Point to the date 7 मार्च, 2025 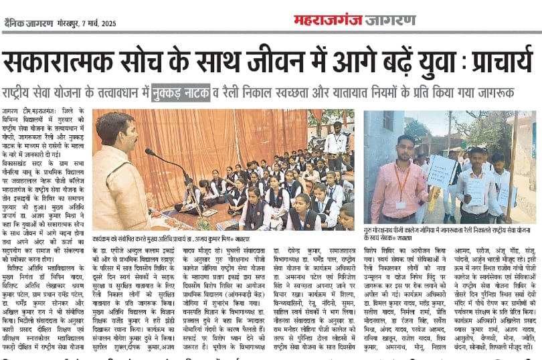click(101, 24)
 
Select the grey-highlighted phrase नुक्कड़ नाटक click(181, 92)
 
